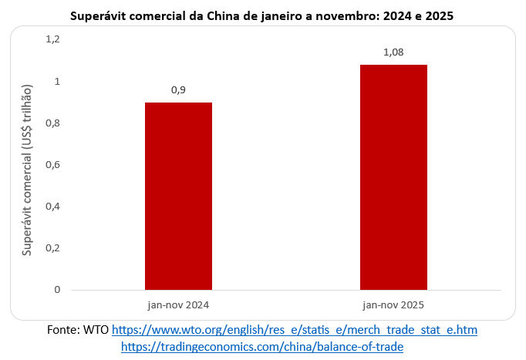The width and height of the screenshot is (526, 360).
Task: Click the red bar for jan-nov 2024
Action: [178, 196]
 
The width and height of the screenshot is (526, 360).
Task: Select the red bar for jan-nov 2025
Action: [393, 177]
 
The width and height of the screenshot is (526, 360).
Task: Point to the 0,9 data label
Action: [178, 90]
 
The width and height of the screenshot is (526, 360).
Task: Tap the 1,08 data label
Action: [393, 52]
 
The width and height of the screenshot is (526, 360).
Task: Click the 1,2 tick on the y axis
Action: [52, 39]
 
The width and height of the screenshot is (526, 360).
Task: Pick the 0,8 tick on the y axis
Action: [52, 123]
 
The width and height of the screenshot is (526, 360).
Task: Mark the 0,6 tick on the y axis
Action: [52, 165]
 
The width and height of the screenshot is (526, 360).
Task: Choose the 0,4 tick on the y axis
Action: [52, 207]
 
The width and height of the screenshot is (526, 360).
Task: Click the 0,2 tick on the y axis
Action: [52, 248]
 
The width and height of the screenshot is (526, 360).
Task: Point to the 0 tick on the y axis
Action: [56, 290]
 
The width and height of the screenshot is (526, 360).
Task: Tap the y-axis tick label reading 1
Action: [56, 81]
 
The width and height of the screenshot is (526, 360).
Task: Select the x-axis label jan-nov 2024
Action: [178, 304]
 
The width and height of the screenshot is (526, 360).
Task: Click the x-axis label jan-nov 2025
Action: [393, 304]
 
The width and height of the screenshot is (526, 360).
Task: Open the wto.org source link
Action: [295, 330]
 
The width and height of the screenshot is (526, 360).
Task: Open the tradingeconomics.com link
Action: [262, 347]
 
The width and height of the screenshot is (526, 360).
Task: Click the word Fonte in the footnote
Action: [64, 330]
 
